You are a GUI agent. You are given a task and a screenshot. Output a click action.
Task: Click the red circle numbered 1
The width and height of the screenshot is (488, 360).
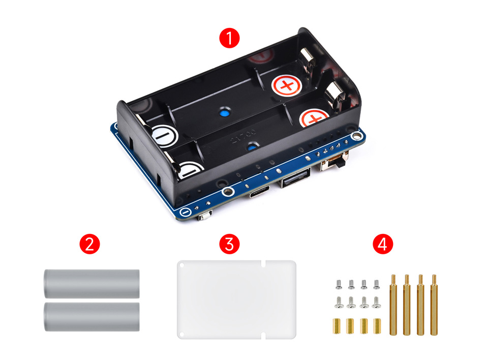tap(229, 38)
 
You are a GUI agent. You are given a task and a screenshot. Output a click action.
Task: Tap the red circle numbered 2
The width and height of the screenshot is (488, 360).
tap(89, 244)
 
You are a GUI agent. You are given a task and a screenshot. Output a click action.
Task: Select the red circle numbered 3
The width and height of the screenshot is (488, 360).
tap(229, 244)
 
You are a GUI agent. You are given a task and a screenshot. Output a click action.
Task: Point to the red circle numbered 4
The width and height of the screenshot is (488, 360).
tap(383, 244)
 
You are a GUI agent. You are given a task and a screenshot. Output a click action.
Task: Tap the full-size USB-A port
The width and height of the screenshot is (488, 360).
tap(296, 178)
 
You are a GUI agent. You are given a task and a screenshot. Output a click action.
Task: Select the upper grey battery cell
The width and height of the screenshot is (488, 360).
tap(91, 284)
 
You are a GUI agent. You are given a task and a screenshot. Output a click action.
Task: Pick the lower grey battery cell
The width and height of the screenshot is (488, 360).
tap(91, 317)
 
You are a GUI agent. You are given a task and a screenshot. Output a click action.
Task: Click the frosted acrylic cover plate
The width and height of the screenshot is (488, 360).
tap(236, 299)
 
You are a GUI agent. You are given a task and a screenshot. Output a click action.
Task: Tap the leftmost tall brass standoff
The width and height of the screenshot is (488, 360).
tap(393, 305)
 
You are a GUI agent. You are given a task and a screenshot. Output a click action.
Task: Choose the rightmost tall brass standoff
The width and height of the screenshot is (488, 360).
tap(434, 305)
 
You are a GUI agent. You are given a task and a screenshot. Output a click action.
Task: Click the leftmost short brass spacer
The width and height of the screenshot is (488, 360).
tap(337, 326)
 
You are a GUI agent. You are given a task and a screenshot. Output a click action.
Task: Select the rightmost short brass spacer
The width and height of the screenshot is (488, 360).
tap(377, 326)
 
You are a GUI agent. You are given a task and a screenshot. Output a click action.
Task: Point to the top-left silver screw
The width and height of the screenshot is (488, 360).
tap(339, 284)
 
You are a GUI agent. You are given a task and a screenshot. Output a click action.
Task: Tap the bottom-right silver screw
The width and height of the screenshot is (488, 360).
tap(376, 302)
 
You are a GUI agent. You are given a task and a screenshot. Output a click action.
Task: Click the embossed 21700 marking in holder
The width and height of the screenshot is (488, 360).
tap(243, 136)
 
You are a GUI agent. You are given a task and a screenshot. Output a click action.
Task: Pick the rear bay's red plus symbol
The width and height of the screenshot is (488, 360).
tap(287, 85)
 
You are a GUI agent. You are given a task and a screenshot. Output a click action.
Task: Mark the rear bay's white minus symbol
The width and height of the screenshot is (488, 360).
tap(163, 136)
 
